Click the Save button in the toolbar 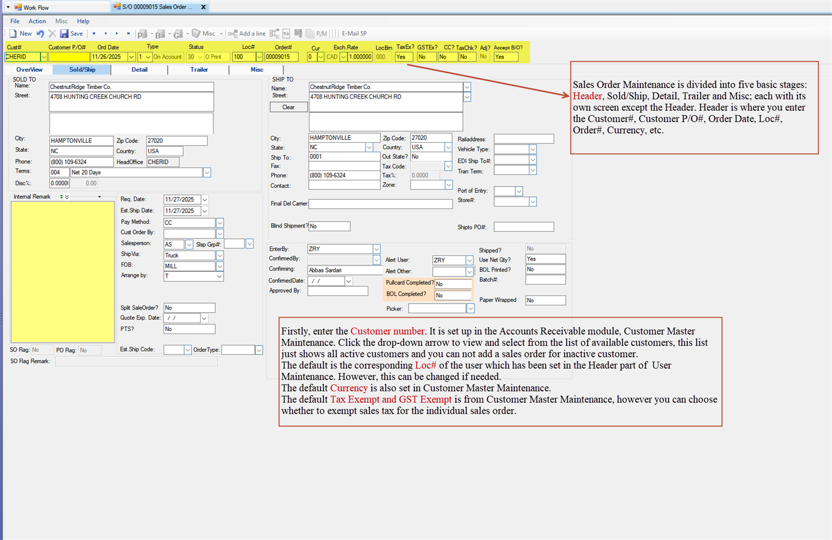pyautogui.click(x=72, y=34)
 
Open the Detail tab pyautogui.click(x=139, y=69)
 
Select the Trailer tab pyautogui.click(x=199, y=69)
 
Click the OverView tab pyautogui.click(x=29, y=69)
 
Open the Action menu pyautogui.click(x=37, y=21)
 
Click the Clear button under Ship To pyautogui.click(x=288, y=107)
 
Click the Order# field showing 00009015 pyautogui.click(x=281, y=57)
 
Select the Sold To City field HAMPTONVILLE pyautogui.click(x=81, y=141)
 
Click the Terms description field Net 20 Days pyautogui.click(x=136, y=172)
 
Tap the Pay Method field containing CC pyautogui.click(x=189, y=223)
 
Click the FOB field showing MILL pyautogui.click(x=189, y=266)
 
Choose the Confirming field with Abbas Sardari pyautogui.click(x=344, y=270)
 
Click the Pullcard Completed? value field pyautogui.click(x=453, y=284)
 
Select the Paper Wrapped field pyautogui.click(x=545, y=300)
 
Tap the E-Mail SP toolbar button pyautogui.click(x=354, y=34)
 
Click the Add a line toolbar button pyautogui.click(x=247, y=34)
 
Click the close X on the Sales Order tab pyautogui.click(x=203, y=7)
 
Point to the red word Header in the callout pyautogui.click(x=587, y=96)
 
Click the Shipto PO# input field pyautogui.click(x=523, y=227)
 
